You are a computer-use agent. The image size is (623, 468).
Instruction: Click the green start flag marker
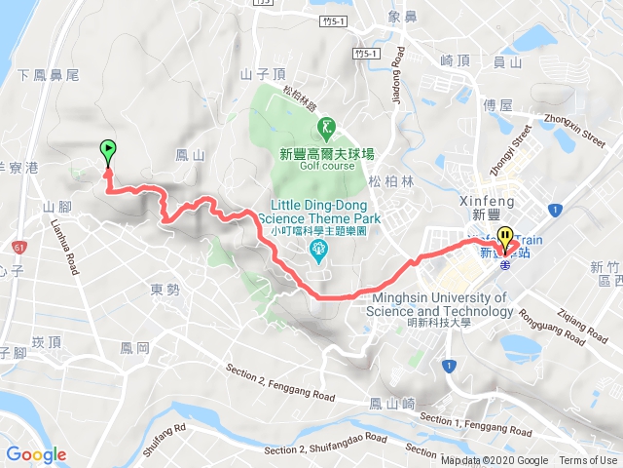pyautogui.click(x=107, y=152)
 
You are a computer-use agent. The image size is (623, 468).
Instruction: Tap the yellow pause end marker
pyautogui.click(x=504, y=236)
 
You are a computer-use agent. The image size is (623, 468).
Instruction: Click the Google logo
pyautogui.click(x=36, y=454)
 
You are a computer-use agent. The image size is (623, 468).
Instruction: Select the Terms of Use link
pyautogui.click(x=588, y=461)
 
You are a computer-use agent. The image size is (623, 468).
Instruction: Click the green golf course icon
pyautogui.click(x=325, y=127)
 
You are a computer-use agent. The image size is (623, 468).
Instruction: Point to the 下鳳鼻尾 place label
pyautogui.click(x=49, y=74)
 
